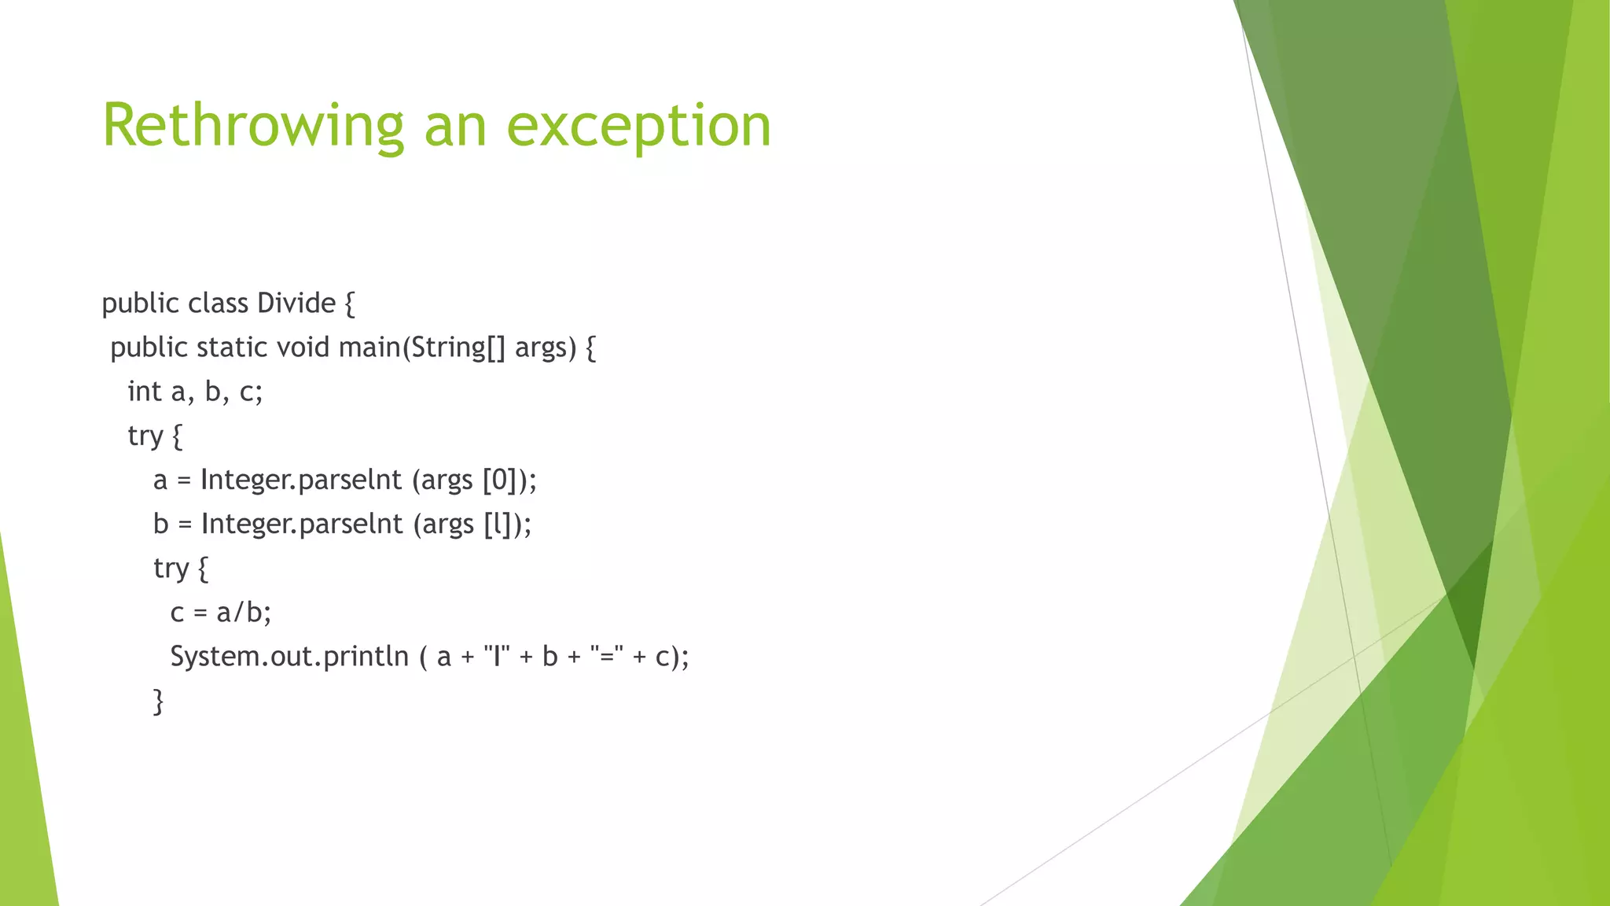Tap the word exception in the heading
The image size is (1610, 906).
(x=639, y=126)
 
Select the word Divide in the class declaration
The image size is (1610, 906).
(x=296, y=304)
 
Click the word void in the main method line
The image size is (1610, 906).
(x=303, y=348)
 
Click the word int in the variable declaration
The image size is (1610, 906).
(x=145, y=392)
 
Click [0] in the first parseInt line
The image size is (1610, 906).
(x=499, y=480)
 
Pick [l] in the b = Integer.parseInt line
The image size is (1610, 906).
(x=498, y=524)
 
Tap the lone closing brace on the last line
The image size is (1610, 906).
(x=159, y=701)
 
